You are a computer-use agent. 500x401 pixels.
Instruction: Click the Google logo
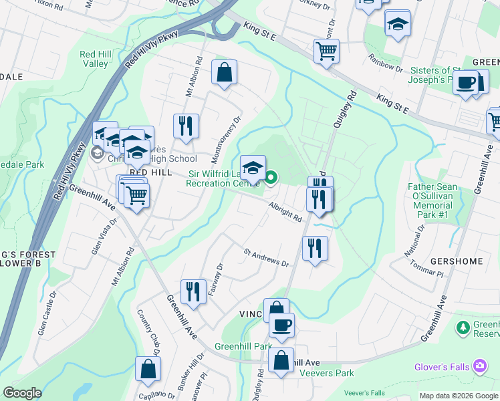pyautogui.click(x=23, y=393)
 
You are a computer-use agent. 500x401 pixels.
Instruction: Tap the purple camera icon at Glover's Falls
pyautogui.click(x=479, y=366)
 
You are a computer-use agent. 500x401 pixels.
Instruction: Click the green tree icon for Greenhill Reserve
pyautogui.click(x=462, y=327)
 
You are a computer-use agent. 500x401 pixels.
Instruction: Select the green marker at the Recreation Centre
pyautogui.click(x=271, y=178)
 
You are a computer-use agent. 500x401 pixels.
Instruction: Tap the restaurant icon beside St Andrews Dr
pyautogui.click(x=314, y=248)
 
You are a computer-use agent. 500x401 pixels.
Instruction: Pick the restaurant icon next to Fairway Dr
pyautogui.click(x=193, y=290)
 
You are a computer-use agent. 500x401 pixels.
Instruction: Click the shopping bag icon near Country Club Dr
pyautogui.click(x=148, y=368)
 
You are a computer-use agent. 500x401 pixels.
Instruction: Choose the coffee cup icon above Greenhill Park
pyautogui.click(x=281, y=325)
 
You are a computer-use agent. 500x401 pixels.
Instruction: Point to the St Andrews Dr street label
pyautogui.click(x=265, y=258)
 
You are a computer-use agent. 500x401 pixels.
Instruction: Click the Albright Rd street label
pyautogui.click(x=285, y=213)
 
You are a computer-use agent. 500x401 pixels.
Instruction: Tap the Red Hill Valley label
pyautogui.click(x=94, y=59)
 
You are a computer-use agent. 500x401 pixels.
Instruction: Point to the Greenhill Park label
pyautogui.click(x=243, y=347)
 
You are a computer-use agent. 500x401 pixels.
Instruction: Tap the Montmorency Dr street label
pyautogui.click(x=226, y=141)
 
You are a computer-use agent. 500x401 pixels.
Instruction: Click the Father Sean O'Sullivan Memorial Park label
pyautogui.click(x=439, y=196)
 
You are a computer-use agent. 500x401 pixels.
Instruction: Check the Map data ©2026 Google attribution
pyautogui.click(x=458, y=396)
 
